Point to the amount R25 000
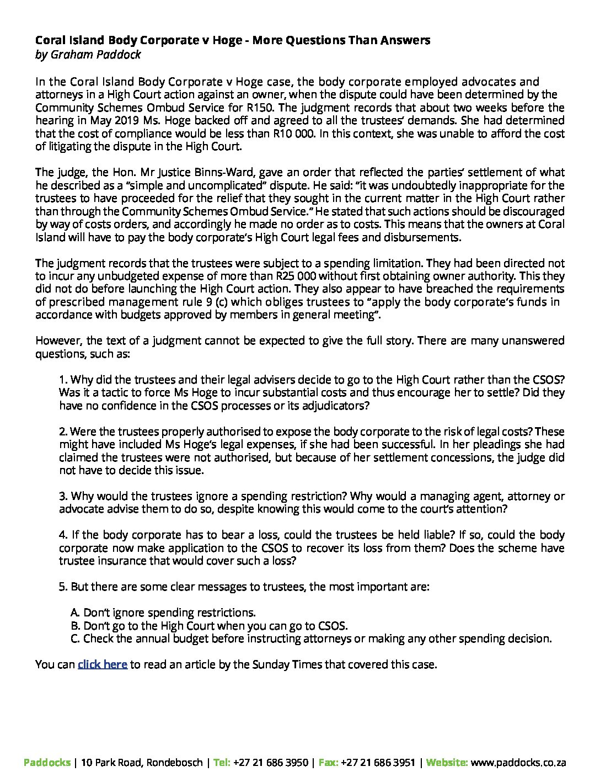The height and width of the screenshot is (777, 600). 296,276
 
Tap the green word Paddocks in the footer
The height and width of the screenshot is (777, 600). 47,763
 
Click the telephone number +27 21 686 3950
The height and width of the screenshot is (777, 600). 270,763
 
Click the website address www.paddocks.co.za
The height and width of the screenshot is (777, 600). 519,763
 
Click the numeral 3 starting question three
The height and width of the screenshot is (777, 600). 62,496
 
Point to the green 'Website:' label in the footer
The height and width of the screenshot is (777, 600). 447,763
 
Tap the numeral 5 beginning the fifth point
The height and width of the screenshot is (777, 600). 62,586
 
